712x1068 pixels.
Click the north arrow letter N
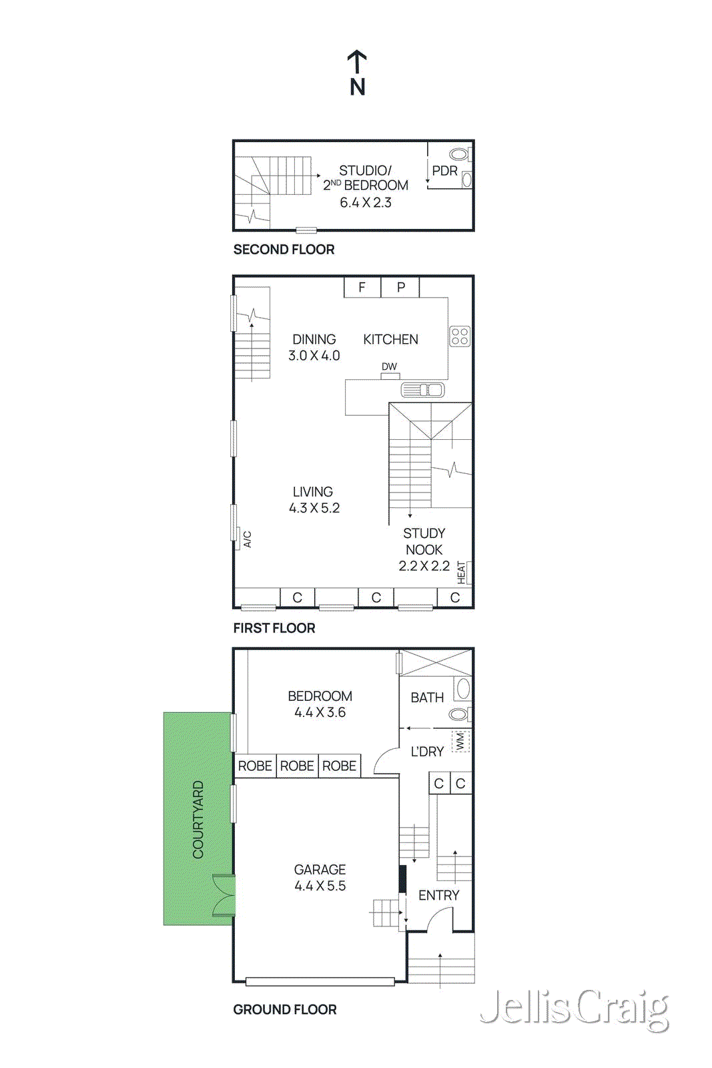(358, 87)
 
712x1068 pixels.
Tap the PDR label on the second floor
(444, 171)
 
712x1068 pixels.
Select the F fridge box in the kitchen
(362, 287)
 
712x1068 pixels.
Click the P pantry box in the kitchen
(400, 287)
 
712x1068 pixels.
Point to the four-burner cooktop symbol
(460, 336)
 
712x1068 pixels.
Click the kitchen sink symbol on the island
(422, 390)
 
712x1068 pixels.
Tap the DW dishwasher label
(389, 366)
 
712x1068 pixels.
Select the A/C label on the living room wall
(247, 539)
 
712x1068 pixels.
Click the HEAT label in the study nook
(461, 573)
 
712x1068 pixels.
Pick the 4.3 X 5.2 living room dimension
(314, 508)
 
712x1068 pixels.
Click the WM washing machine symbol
(460, 741)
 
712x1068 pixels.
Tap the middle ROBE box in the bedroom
(297, 766)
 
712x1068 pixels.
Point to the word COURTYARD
(198, 819)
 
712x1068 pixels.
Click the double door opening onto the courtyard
(224, 895)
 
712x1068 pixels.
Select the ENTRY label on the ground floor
(438, 895)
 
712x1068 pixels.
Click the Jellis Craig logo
(574, 1009)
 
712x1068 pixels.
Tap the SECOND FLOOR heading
(284, 250)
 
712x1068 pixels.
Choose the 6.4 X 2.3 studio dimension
(366, 203)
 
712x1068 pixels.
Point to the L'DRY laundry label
(427, 752)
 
